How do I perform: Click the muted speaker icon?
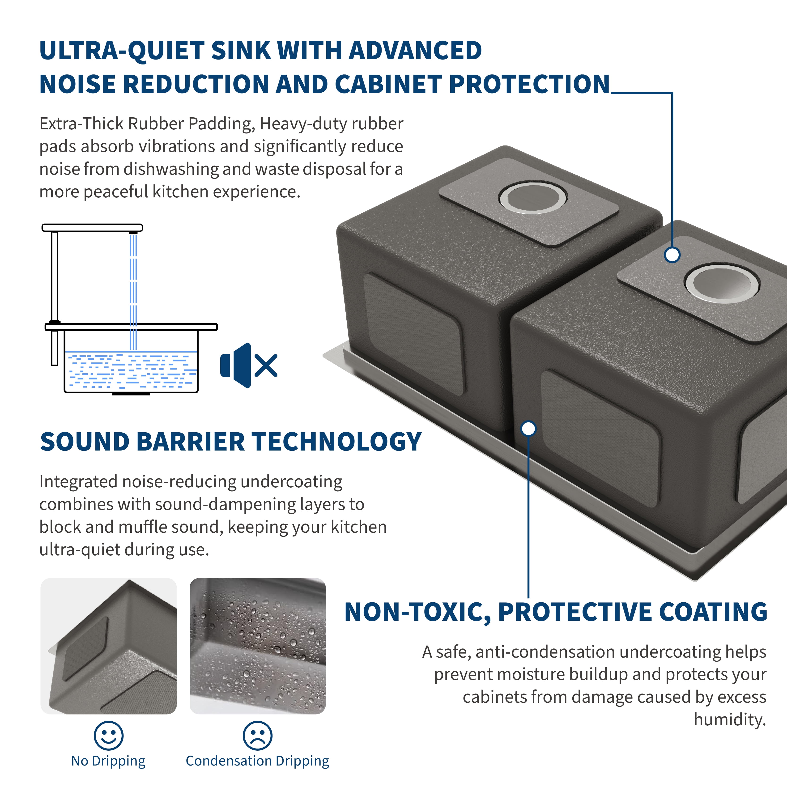(248, 365)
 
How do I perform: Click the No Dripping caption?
(108, 761)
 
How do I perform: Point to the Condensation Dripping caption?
(257, 761)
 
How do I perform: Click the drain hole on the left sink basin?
(532, 198)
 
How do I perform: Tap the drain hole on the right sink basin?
(721, 283)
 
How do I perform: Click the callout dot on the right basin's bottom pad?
(672, 255)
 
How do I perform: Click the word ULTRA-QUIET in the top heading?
(122, 51)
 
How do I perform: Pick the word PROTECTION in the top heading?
(530, 84)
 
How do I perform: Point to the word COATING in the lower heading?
(713, 612)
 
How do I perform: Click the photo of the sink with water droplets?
(258, 646)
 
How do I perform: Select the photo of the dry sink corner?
(108, 646)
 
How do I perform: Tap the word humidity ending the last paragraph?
(730, 720)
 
